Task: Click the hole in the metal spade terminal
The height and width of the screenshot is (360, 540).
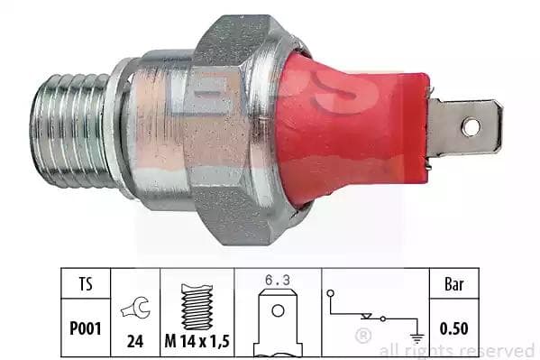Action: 471,126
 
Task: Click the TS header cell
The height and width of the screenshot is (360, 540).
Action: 86,284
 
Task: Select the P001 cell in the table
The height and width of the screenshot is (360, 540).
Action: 86,328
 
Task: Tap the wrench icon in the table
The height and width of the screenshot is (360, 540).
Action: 136,308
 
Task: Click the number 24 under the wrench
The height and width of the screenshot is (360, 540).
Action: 135,341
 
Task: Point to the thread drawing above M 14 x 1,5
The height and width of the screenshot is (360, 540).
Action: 197,307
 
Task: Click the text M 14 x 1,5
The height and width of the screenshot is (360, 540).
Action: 197,341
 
